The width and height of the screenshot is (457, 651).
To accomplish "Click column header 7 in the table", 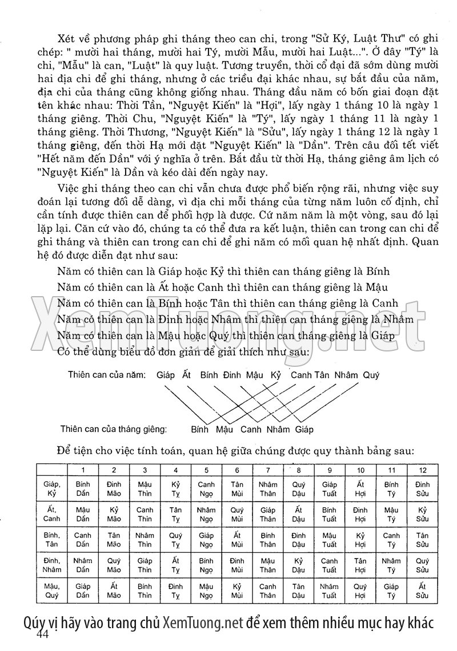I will pyautogui.click(x=268, y=470).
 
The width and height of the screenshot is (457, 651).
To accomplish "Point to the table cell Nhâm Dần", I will pyautogui.click(x=83, y=565).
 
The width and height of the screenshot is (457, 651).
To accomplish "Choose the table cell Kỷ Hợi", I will pyautogui.click(x=360, y=539).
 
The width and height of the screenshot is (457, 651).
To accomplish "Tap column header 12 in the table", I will pyautogui.click(x=422, y=470).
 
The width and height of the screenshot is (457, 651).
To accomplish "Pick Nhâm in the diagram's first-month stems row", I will pyautogui.click(x=278, y=429).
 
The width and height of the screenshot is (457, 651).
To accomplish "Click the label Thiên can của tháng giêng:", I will pyautogui.click(x=114, y=427).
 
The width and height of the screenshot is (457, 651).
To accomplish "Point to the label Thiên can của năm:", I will pyautogui.click(x=107, y=375).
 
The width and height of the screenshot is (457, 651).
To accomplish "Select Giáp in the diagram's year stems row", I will pyautogui.click(x=165, y=375).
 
